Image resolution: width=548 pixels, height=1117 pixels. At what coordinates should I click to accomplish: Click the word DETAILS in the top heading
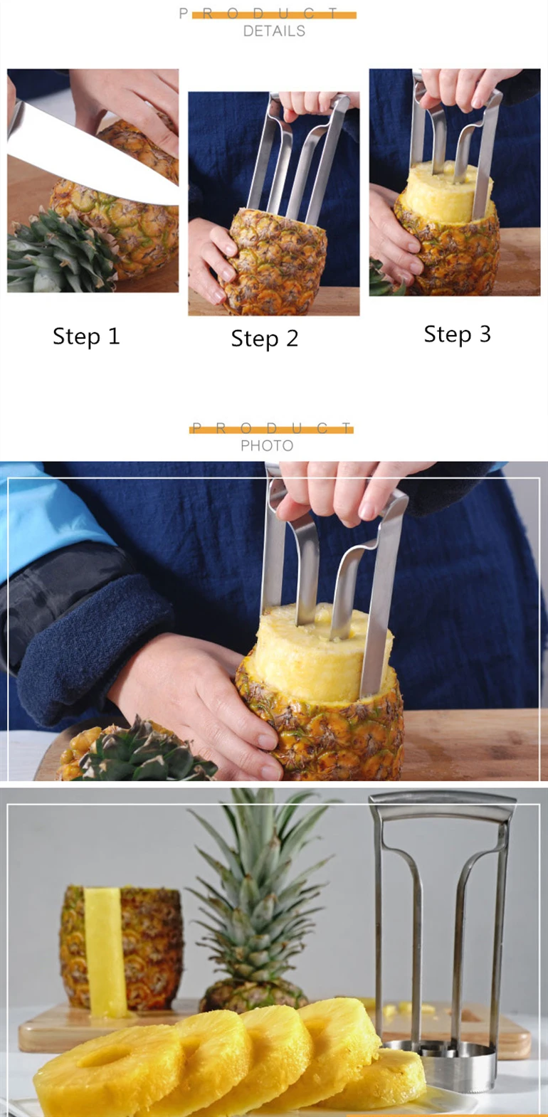click(274, 31)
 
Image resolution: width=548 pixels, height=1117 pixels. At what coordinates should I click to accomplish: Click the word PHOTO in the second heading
click(267, 446)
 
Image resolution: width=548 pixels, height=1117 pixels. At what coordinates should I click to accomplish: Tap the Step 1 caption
click(86, 337)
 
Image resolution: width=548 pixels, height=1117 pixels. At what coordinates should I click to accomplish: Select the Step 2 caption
click(264, 339)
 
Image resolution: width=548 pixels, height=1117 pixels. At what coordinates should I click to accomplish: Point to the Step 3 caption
click(457, 334)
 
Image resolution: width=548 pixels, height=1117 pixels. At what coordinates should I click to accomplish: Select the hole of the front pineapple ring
click(103, 1058)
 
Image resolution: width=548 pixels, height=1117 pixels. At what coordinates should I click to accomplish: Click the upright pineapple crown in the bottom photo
click(260, 896)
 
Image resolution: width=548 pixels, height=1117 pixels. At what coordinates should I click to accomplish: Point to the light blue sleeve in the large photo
click(50, 512)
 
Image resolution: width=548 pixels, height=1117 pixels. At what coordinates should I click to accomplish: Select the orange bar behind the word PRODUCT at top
click(274, 15)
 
